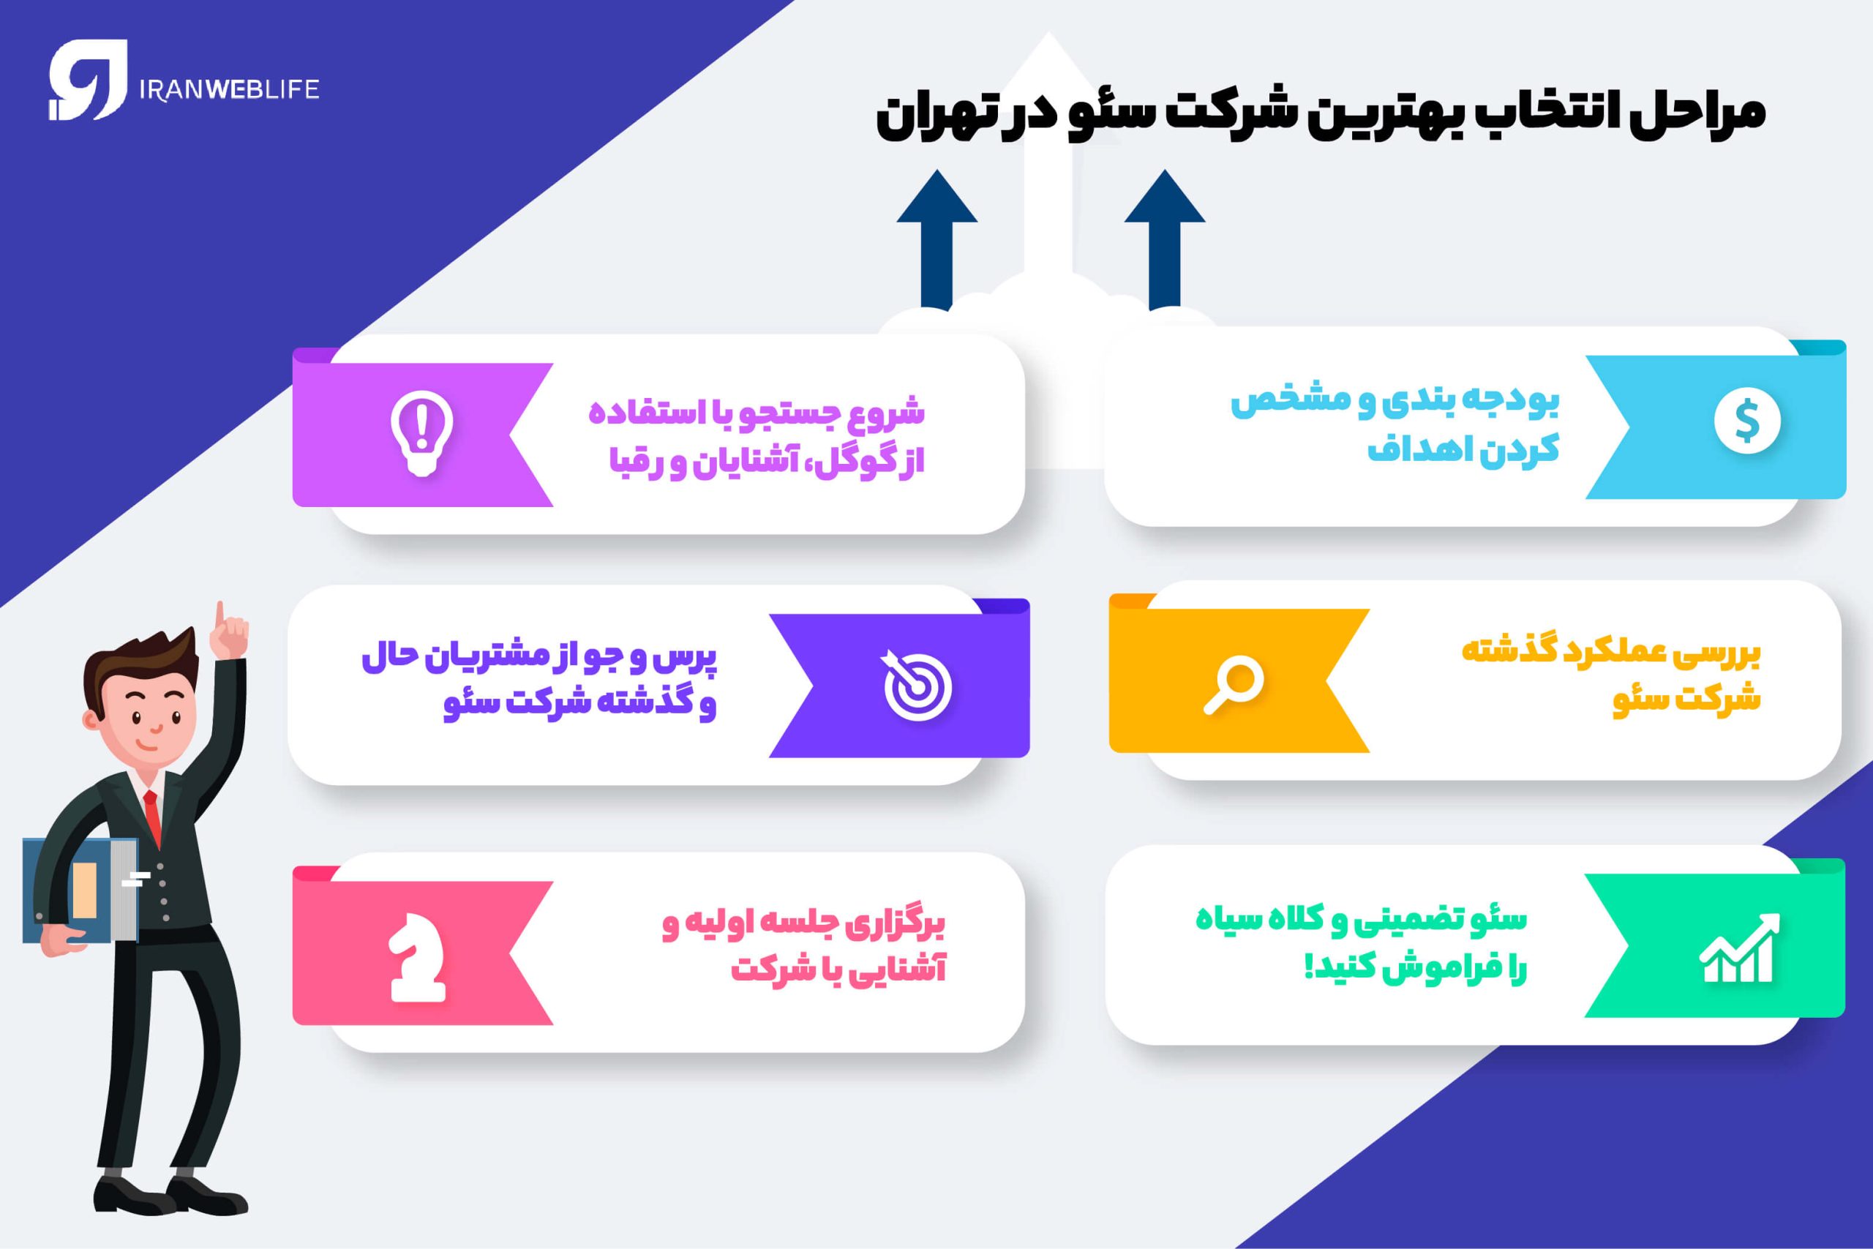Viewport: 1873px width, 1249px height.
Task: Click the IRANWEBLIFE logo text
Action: pos(228,89)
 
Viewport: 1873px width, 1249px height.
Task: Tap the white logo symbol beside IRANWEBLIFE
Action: pos(87,80)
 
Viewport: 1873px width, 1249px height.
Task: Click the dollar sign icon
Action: pos(1747,422)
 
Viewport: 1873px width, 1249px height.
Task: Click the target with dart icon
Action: pos(917,684)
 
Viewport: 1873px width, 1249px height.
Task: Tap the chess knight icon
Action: pos(417,964)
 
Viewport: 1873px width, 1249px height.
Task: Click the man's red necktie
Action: pos(152,816)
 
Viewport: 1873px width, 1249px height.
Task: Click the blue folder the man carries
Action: pos(80,890)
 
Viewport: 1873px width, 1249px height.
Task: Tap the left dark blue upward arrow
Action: pos(936,239)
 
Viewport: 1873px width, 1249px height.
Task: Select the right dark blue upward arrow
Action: pos(1164,239)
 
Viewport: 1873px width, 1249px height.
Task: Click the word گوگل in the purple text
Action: pos(855,462)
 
